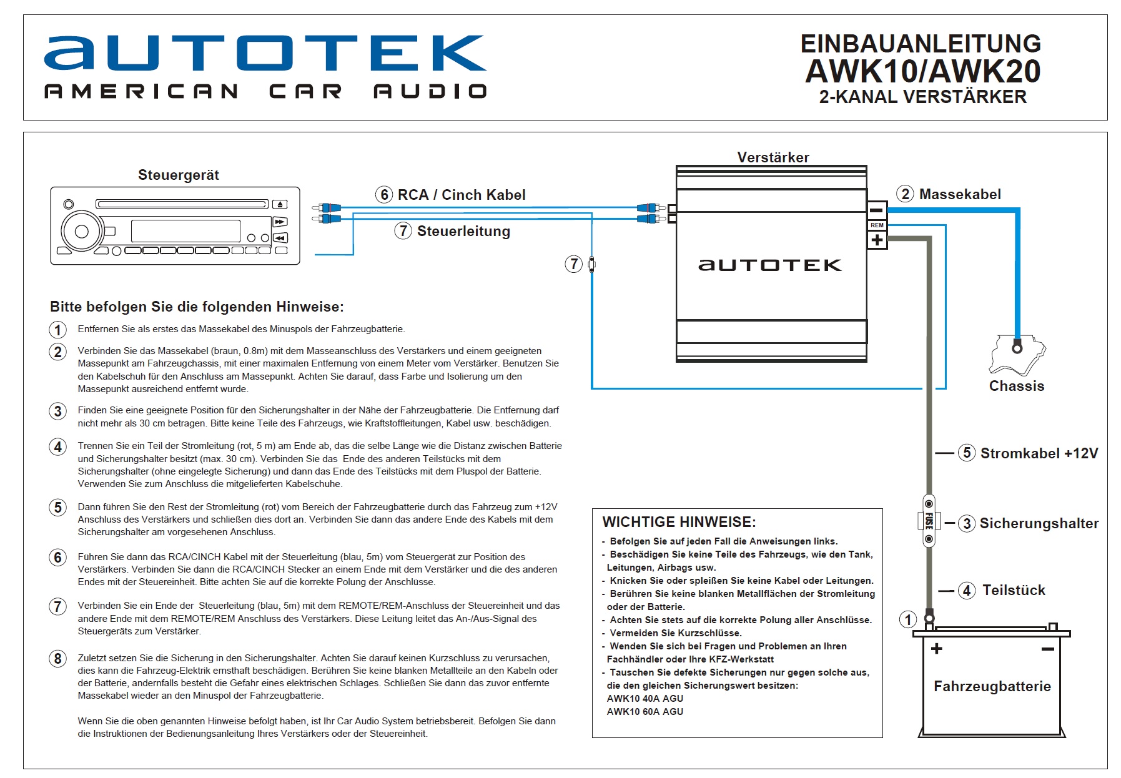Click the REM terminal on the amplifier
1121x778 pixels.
877,225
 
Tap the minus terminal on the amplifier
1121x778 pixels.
877,210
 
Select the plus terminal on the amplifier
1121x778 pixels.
877,240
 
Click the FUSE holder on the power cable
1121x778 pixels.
929,521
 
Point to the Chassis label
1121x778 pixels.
1016,386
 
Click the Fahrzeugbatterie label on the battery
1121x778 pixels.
992,686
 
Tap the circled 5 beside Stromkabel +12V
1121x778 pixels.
967,453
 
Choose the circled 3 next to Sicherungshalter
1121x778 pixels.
967,523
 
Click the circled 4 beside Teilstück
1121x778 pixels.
967,590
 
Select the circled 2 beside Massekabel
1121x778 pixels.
906,194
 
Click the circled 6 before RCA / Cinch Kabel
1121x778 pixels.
384,195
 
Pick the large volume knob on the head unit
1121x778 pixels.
82,232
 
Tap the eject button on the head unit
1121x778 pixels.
280,204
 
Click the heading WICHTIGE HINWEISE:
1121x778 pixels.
679,522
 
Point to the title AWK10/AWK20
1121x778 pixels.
922,71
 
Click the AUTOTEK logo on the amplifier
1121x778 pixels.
769,265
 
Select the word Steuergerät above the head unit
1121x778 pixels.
179,175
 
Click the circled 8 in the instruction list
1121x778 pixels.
58,659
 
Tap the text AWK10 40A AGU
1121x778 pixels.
644,699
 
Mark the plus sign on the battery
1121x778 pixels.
936,649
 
